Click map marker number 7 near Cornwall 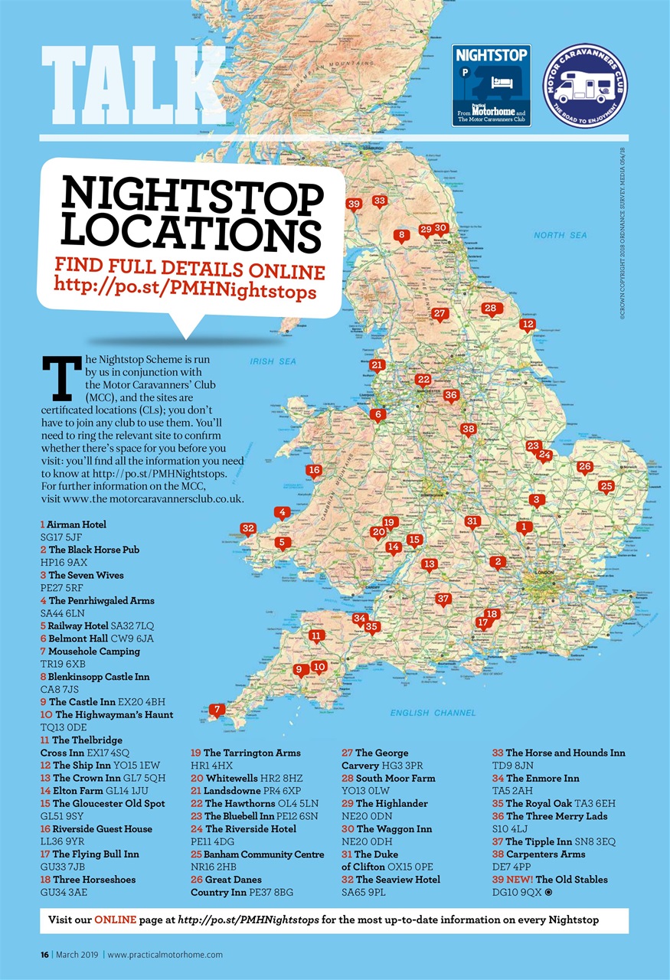[x=217, y=710]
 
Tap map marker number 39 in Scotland [x=353, y=204]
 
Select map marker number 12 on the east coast [x=527, y=324]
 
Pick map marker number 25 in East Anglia [x=606, y=486]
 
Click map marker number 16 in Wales [x=312, y=470]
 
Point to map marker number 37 [x=443, y=598]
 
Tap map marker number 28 [x=491, y=308]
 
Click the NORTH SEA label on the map [x=561, y=235]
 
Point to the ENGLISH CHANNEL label [x=433, y=713]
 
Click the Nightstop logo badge [x=491, y=84]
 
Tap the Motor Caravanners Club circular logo [x=584, y=84]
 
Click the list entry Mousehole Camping [x=94, y=651]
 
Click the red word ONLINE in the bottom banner [x=116, y=920]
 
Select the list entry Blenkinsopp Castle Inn [x=99, y=677]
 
